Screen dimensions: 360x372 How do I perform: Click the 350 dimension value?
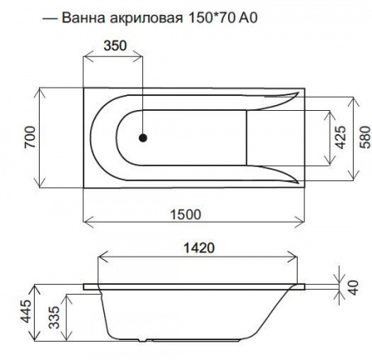(115, 46)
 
